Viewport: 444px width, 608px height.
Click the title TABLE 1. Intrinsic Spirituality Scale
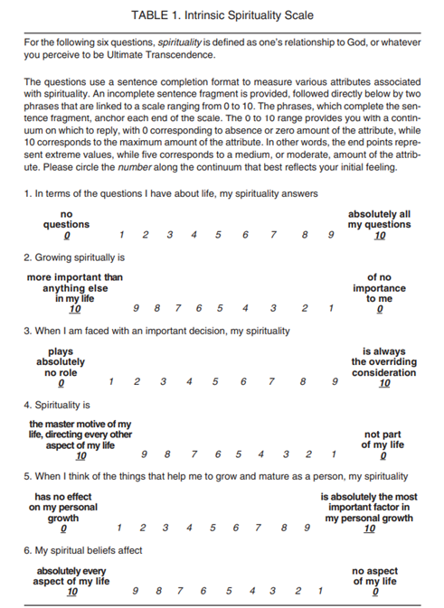[222, 16]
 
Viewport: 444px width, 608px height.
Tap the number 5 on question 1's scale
[219, 235]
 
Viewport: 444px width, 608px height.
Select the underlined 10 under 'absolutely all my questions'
[380, 236]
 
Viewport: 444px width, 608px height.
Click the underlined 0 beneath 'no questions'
[67, 236]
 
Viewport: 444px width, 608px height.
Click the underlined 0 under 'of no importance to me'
[380, 309]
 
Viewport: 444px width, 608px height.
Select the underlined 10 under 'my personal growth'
[369, 528]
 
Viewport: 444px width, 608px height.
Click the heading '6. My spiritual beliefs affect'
[82, 550]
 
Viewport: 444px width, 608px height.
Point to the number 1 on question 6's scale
[320, 591]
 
